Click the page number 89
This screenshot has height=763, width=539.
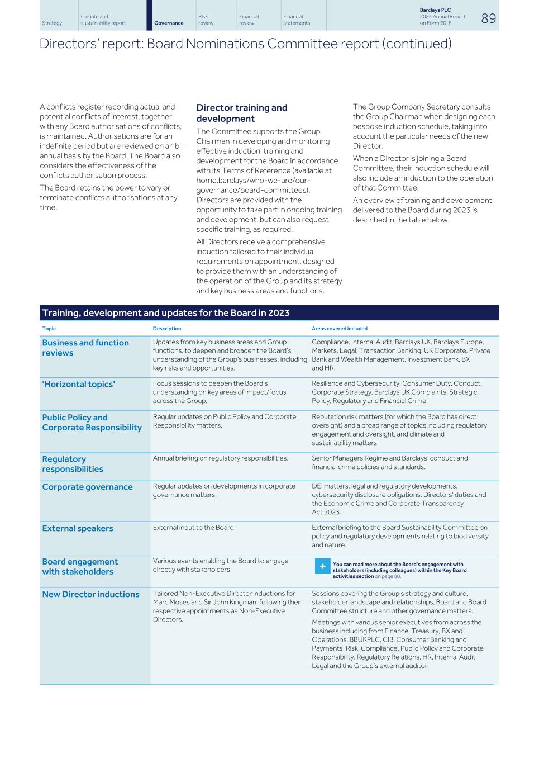pyautogui.click(x=488, y=18)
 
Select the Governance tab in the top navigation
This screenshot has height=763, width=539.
pyautogui.click(x=169, y=23)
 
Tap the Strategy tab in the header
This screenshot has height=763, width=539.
pyautogui.click(x=52, y=23)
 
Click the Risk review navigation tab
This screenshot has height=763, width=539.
pyautogui.click(x=206, y=20)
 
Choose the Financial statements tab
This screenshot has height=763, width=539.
pyautogui.click(x=296, y=20)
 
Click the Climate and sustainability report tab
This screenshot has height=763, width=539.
pyautogui.click(x=103, y=20)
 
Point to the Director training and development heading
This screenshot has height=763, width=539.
pyautogui.click(x=241, y=113)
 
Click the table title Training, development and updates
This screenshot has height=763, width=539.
pyautogui.click(x=166, y=313)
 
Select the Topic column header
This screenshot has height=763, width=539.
pyautogui.click(x=49, y=329)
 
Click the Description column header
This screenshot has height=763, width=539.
pyautogui.click(x=167, y=329)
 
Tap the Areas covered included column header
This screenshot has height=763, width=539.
pyautogui.click(x=339, y=329)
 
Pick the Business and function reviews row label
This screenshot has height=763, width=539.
pyautogui.click(x=85, y=348)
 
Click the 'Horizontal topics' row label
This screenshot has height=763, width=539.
pyautogui.click(x=78, y=384)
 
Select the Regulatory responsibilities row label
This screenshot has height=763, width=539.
pyautogui.click(x=73, y=464)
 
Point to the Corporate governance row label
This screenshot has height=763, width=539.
pyautogui.click(x=87, y=487)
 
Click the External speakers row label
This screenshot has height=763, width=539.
pyautogui.click(x=78, y=528)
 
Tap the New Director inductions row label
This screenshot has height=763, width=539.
pyautogui.click(x=90, y=594)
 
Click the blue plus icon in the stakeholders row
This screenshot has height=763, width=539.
pyautogui.click(x=322, y=567)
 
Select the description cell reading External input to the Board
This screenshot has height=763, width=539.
pyautogui.click(x=194, y=528)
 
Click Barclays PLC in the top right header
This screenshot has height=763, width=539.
pyautogui.click(x=435, y=10)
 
